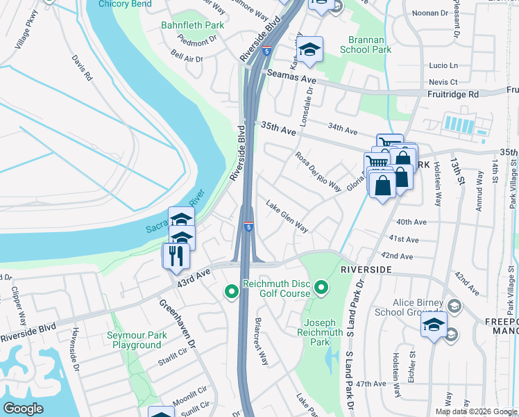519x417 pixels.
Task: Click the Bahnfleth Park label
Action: [x=192, y=25]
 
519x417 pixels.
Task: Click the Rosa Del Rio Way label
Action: [x=318, y=172]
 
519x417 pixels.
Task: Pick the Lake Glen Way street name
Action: [x=287, y=216]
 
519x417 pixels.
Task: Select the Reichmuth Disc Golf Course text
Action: [x=275, y=291]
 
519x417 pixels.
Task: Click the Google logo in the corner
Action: [x=23, y=409]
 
